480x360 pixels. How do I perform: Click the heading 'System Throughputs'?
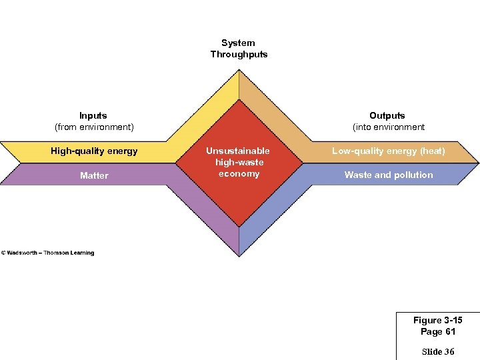tap(239, 49)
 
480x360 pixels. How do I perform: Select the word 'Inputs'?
tap(93, 115)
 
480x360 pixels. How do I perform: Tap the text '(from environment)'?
tap(94, 127)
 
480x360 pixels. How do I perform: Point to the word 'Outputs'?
tap(387, 115)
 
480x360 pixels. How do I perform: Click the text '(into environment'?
tap(389, 127)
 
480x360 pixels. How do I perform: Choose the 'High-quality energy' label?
tap(94, 151)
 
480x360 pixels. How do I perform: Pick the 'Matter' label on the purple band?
tap(94, 175)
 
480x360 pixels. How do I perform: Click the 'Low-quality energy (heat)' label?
tap(389, 151)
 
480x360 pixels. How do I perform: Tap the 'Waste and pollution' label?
tap(389, 175)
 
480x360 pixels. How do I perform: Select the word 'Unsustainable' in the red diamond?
tap(238, 151)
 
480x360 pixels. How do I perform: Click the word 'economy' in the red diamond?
tap(239, 173)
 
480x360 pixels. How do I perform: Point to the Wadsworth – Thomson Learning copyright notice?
tap(48, 253)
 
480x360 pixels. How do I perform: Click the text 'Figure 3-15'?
tap(438, 321)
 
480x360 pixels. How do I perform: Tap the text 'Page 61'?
tap(438, 331)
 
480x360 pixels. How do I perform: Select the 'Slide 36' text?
tap(438, 351)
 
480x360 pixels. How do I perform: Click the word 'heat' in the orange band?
tap(432, 151)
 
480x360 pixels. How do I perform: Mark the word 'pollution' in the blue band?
tap(413, 175)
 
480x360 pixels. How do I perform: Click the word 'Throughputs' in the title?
tap(239, 54)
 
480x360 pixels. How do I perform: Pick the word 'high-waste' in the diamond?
tap(239, 162)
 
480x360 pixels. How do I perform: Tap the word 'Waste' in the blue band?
tap(358, 175)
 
